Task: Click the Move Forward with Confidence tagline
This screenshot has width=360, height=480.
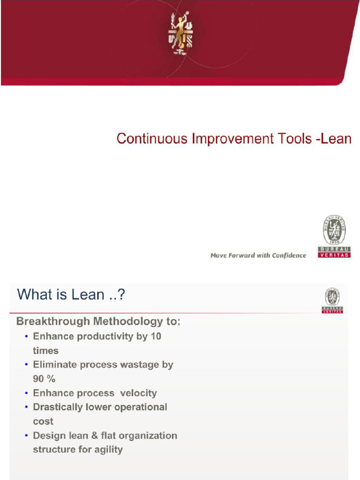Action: click(258, 255)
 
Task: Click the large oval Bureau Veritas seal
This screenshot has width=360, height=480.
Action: click(334, 230)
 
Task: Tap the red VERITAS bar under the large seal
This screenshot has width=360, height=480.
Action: click(334, 255)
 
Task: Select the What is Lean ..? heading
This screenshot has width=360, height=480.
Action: click(71, 295)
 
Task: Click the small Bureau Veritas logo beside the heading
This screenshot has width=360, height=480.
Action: click(332, 300)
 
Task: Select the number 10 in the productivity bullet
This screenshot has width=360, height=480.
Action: click(156, 337)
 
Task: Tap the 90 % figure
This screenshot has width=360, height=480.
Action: click(44, 379)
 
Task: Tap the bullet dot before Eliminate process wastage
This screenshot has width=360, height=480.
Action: click(27, 365)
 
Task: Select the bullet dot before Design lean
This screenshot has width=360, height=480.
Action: click(27, 435)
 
